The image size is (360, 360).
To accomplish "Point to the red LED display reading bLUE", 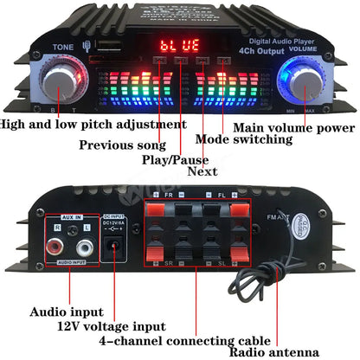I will (x=178, y=45).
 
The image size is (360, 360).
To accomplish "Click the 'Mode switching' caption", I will (x=244, y=138).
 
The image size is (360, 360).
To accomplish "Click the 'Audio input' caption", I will (x=67, y=312).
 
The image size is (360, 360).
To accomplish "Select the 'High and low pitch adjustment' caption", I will (x=93, y=124).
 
